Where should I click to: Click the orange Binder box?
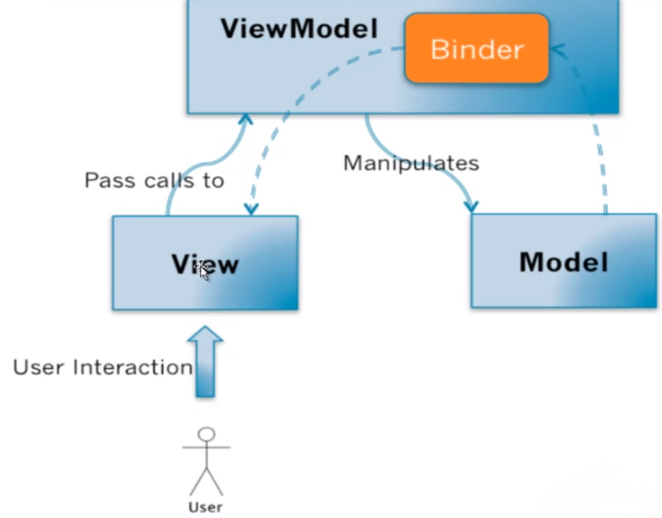[477, 49]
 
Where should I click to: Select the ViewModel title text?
[299, 30]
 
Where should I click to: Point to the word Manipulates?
[410, 163]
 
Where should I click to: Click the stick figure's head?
[206, 434]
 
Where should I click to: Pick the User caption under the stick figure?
[206, 507]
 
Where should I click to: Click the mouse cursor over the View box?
[202, 270]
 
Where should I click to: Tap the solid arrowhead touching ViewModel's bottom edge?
[245, 119]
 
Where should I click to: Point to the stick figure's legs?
[206, 481]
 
